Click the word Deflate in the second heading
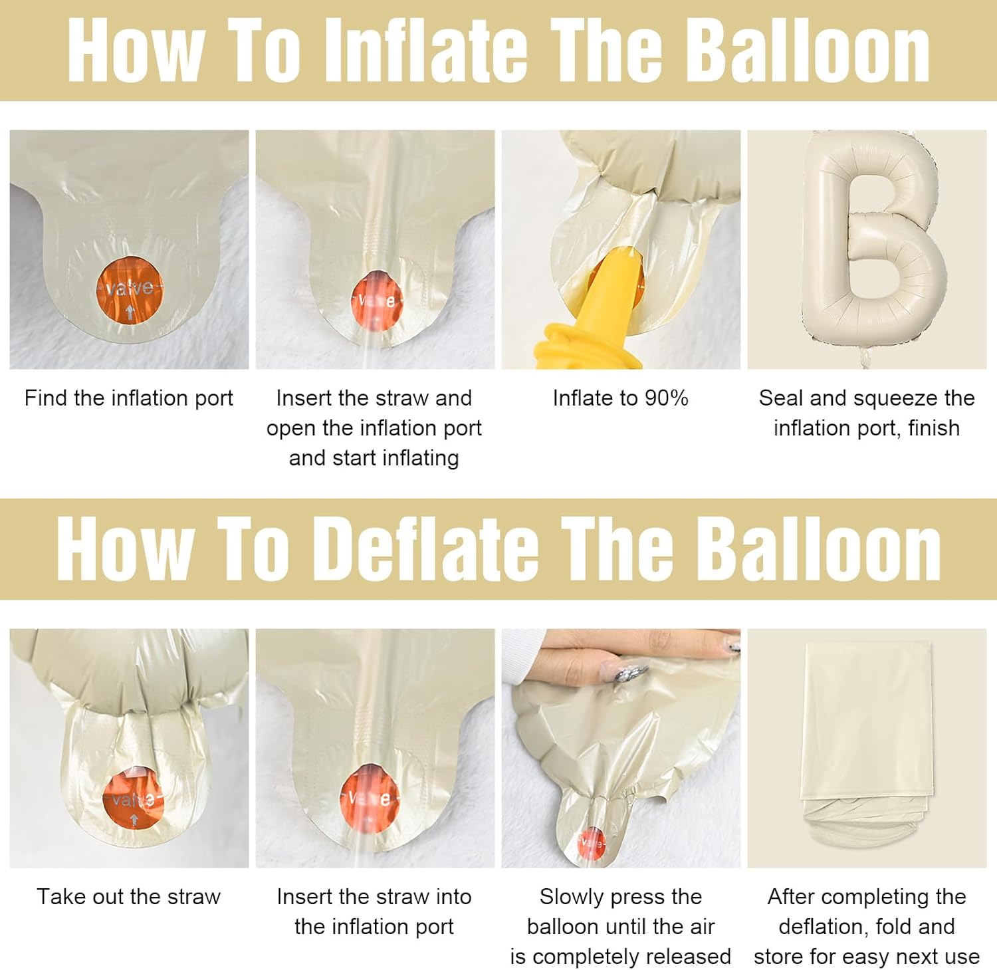coord(431,548)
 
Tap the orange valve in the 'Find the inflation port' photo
coord(130,291)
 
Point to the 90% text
coord(667,398)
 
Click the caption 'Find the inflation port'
coord(129,398)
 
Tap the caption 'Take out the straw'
coord(128,896)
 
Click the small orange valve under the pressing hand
coord(591,843)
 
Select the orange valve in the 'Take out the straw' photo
coord(133,797)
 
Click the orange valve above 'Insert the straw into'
coord(370,798)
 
